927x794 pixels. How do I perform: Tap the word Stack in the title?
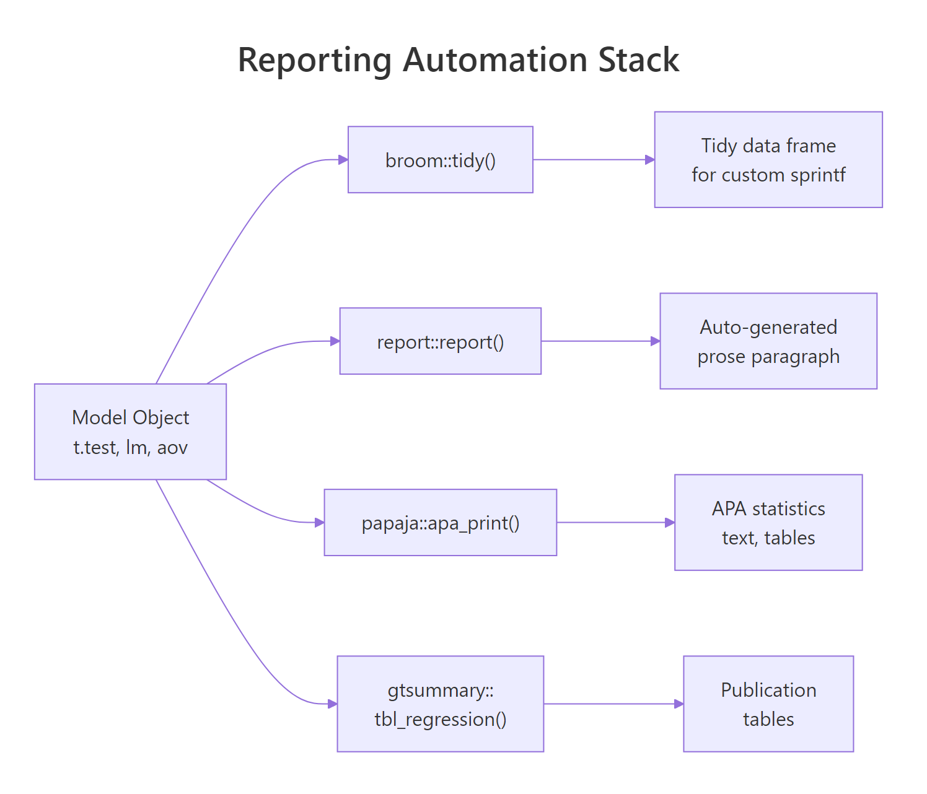[x=638, y=60]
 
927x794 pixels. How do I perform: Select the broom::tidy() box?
[x=440, y=160]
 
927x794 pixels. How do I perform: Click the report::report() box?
[x=440, y=341]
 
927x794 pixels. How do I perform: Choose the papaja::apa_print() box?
[x=440, y=523]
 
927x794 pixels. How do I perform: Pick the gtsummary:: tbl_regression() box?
[x=440, y=704]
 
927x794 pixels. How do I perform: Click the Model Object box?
[x=130, y=432]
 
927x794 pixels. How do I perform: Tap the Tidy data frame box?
[x=768, y=160]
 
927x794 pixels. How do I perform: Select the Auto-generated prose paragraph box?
[x=768, y=341]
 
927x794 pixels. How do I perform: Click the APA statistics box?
[x=768, y=523]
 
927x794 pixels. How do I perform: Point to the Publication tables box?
[x=768, y=704]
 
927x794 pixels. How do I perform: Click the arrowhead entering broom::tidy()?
[x=343, y=160]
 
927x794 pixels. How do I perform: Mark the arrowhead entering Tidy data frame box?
[x=650, y=160]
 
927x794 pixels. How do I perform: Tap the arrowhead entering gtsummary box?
[x=333, y=704]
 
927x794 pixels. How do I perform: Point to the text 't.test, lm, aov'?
[x=130, y=447]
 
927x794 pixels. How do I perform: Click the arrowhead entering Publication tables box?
[x=679, y=704]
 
